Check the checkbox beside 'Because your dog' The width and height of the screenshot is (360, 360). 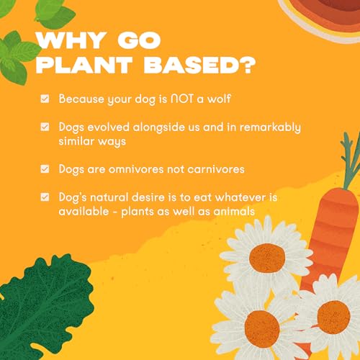point(45,98)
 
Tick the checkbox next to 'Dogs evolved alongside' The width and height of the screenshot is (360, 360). point(45,127)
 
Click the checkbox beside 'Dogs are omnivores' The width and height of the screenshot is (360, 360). point(45,169)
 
